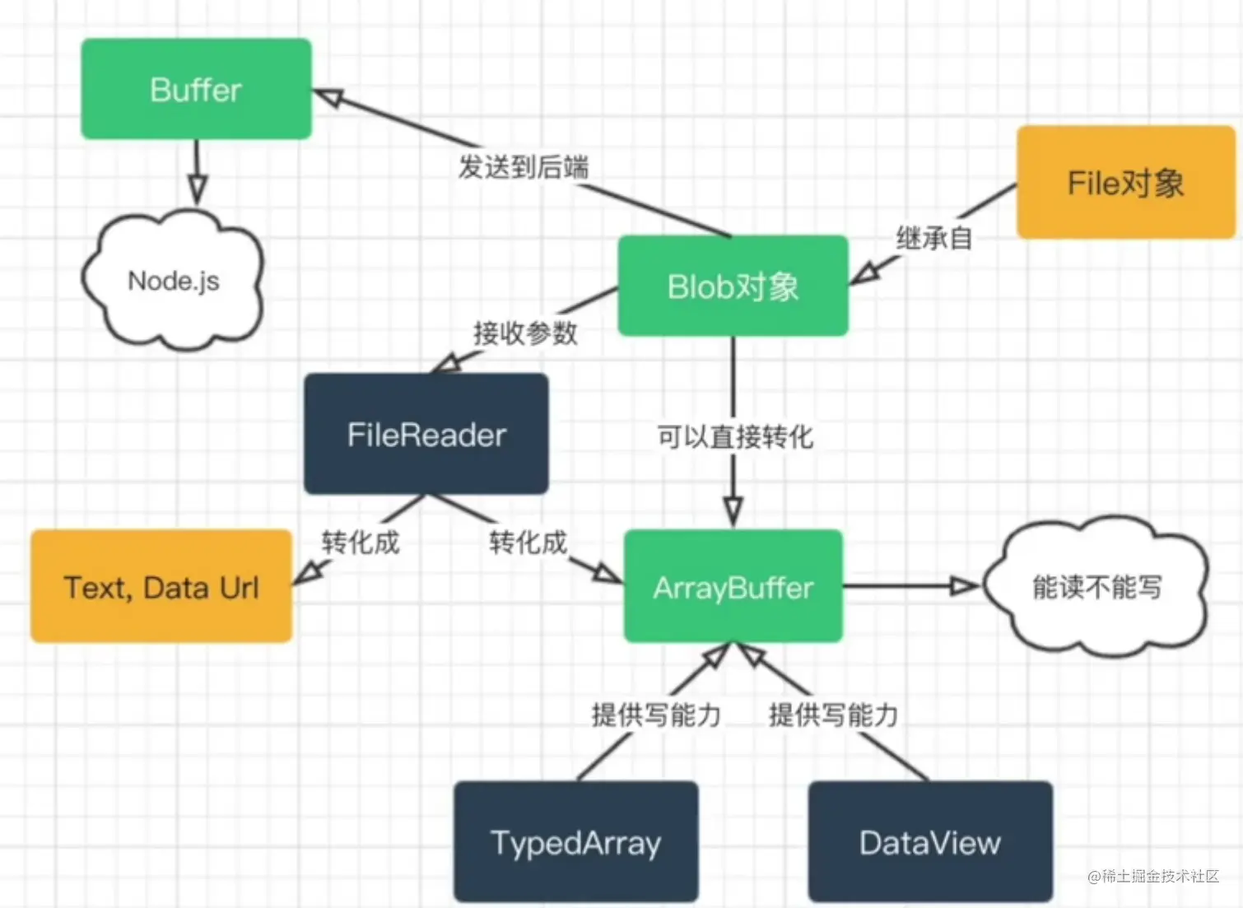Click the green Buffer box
click(196, 89)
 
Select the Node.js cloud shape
click(173, 281)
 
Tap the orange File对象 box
click(1125, 183)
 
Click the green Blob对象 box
click(733, 286)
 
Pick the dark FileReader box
click(426, 435)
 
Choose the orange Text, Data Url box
click(161, 587)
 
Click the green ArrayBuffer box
click(733, 587)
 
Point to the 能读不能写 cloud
click(1096, 587)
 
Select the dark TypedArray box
click(575, 842)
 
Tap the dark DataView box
click(930, 842)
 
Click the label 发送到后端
click(524, 167)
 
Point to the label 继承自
click(934, 239)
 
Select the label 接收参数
click(525, 333)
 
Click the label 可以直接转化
click(734, 436)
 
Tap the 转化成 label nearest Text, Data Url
click(361, 542)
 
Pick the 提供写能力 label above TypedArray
click(656, 715)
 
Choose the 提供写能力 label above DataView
click(833, 715)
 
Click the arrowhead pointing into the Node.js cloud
click(196, 189)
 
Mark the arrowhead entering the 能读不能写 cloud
click(963, 586)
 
